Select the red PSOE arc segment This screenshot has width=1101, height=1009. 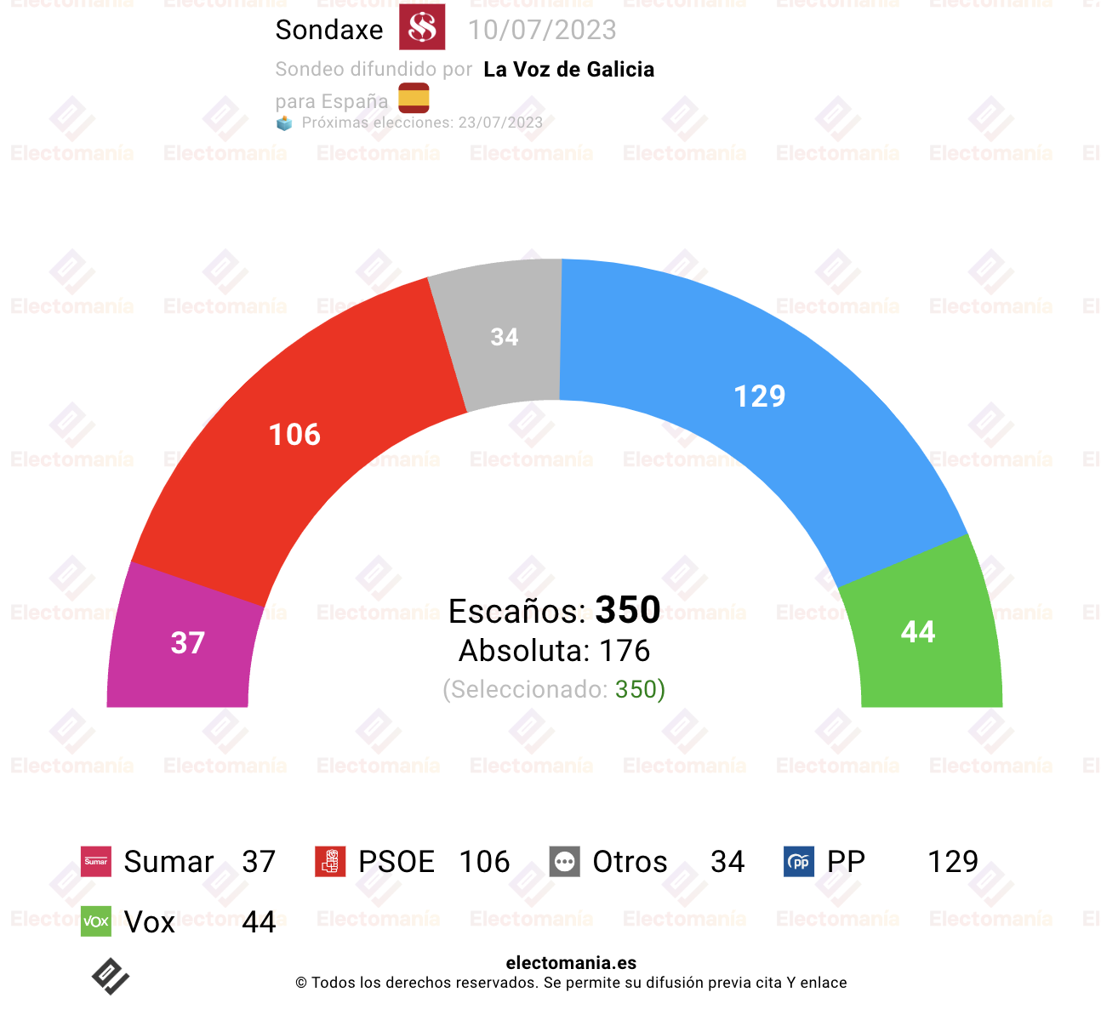(296, 434)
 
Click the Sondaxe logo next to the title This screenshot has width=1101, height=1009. (421, 27)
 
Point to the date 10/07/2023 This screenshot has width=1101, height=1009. (542, 30)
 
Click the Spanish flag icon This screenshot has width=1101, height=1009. (414, 98)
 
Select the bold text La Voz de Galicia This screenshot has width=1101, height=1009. (568, 69)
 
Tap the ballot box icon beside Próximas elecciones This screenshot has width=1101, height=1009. (283, 123)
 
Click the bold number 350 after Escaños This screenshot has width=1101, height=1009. (627, 609)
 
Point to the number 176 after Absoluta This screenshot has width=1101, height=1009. (624, 651)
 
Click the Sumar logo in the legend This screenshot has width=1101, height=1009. (96, 861)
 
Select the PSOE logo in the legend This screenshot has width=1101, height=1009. (330, 861)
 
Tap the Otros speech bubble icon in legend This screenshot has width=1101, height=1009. (564, 861)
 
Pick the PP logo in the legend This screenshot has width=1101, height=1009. (799, 861)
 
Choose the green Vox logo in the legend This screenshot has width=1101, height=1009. (96, 921)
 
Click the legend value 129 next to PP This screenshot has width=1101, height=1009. (953, 861)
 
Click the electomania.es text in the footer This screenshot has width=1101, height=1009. (571, 962)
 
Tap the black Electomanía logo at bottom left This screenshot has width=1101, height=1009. (111, 976)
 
